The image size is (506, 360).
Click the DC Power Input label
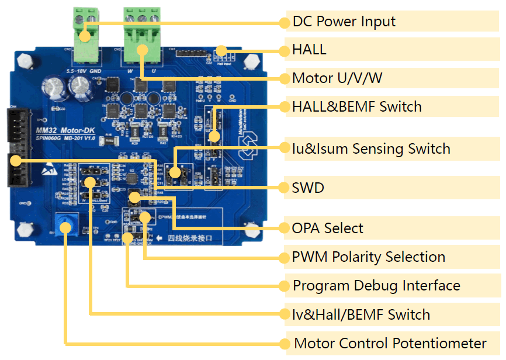click(344, 22)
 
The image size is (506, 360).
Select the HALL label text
click(309, 50)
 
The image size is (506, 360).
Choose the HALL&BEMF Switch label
click(356, 107)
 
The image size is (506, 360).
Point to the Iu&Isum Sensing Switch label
click(371, 149)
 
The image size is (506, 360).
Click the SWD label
click(308, 188)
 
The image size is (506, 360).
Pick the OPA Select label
click(327, 228)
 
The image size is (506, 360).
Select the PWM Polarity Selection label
click(368, 257)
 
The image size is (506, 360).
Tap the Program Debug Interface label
click(376, 286)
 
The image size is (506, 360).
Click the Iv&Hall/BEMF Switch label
click(361, 314)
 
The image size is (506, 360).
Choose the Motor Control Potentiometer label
click(390, 343)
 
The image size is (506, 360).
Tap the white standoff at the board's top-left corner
click(24, 60)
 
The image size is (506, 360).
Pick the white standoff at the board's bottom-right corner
click(253, 229)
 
